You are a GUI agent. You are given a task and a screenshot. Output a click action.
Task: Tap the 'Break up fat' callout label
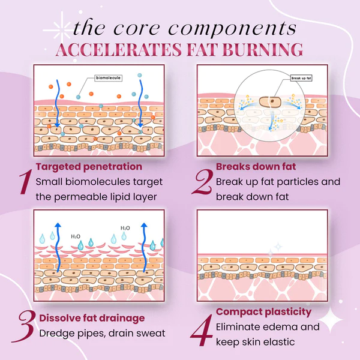(x=301, y=78)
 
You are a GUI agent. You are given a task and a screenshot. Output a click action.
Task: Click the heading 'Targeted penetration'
(x=89, y=166)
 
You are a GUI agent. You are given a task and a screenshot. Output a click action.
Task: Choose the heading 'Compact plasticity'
(x=263, y=311)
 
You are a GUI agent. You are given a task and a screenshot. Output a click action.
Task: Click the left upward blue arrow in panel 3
(x=57, y=246)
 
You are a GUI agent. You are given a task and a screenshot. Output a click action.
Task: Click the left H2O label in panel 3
(x=76, y=236)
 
